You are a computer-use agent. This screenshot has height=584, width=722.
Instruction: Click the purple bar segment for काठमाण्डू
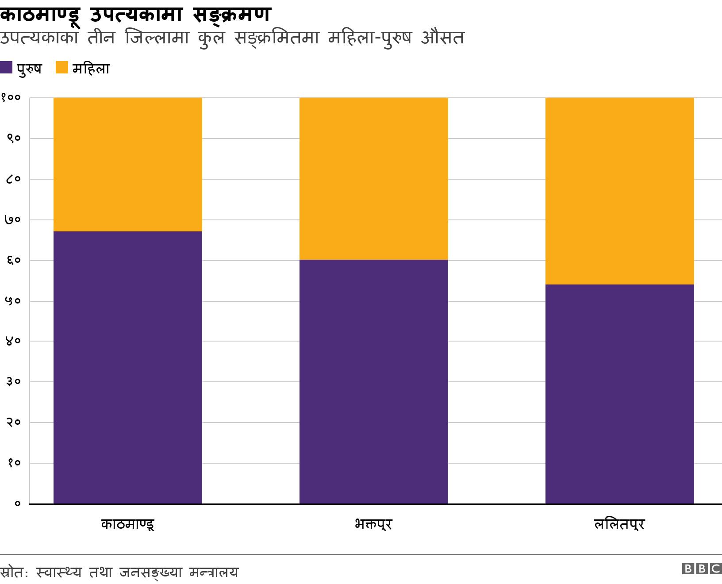pos(127,367)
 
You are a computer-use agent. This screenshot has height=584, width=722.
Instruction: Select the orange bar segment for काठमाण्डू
pos(127,164)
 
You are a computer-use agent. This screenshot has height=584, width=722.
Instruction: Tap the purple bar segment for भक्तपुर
pos(373,381)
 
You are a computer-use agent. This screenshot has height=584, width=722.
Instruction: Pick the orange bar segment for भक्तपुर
pos(373,178)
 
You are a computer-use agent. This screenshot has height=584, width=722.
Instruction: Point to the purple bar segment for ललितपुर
pos(619,394)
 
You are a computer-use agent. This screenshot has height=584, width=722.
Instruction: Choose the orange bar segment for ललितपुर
pos(619,191)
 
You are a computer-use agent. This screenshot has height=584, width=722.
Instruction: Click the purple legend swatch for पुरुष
pos(6,68)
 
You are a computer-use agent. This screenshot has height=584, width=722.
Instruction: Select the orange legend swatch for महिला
pos(62,68)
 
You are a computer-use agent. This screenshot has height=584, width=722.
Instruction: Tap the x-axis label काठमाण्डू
pos(127,525)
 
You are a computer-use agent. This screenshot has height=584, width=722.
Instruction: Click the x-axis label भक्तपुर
pos(373,525)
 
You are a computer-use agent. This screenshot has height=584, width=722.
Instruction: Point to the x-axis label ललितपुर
pos(619,525)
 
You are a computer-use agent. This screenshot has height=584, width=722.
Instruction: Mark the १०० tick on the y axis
pos(11,98)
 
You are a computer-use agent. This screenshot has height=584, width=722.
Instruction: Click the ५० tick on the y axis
pos(13,301)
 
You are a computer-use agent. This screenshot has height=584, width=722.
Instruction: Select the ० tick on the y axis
pos(17,504)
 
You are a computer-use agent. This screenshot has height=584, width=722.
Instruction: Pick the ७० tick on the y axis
pos(13,220)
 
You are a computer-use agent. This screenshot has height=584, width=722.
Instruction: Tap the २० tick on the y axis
pos(13,423)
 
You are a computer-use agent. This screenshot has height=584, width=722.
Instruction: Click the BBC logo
pos(702,569)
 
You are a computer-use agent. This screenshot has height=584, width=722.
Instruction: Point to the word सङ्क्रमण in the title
pos(231,14)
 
